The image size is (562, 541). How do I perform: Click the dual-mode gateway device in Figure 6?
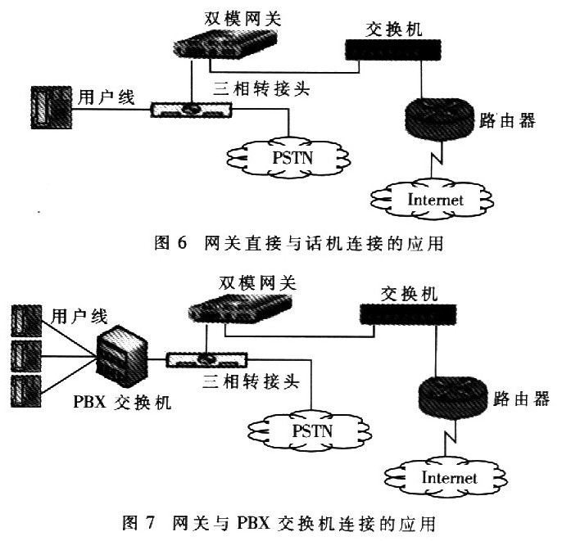tap(225, 43)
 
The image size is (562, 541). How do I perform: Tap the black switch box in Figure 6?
tap(393, 49)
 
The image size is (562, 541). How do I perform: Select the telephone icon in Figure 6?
tap(52, 107)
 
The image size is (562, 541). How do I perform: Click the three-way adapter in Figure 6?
tap(191, 110)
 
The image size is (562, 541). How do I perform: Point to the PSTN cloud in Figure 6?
tap(289, 157)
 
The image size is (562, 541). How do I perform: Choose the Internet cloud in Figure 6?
tap(433, 200)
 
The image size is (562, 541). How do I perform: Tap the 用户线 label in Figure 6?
tap(107, 97)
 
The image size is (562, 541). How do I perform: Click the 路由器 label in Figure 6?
tap(507, 120)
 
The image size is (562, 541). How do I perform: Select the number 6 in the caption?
tap(182, 243)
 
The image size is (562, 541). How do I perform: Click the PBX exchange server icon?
tap(122, 356)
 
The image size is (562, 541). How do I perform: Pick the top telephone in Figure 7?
tap(26, 321)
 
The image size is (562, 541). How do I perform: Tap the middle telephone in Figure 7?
tap(26, 356)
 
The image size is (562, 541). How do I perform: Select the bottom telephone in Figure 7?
tap(26, 391)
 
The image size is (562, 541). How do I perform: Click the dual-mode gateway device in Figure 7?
tap(240, 308)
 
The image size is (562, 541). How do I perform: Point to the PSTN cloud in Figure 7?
tap(310, 431)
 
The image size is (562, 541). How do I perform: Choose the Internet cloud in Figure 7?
tap(446, 477)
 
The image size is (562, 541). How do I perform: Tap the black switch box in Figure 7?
tap(408, 314)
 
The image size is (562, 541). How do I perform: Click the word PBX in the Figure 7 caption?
tap(253, 524)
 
